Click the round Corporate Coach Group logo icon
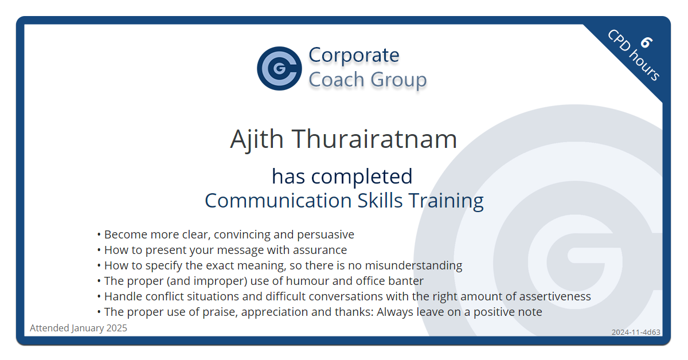280,68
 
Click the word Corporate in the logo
354,55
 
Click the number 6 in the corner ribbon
646,42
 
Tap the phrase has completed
342,176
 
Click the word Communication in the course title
278,201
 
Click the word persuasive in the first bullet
326,234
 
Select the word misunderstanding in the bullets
413,265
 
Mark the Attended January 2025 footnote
79,328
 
